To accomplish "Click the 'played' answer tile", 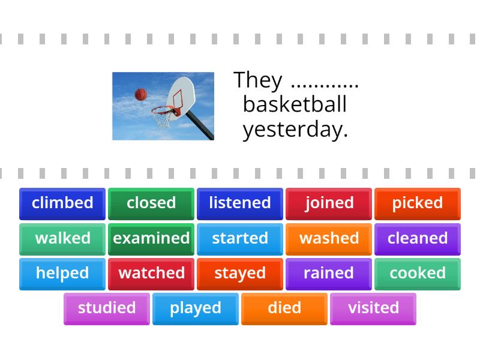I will pyautogui.click(x=196, y=308).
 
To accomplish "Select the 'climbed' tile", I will pyautogui.click(x=62, y=203).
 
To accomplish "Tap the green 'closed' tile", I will pyautogui.click(x=151, y=203).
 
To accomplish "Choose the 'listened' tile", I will pyautogui.click(x=240, y=203).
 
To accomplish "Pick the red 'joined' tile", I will pyautogui.click(x=329, y=203).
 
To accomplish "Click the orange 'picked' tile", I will pyautogui.click(x=418, y=203).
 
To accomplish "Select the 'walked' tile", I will pyautogui.click(x=62, y=239).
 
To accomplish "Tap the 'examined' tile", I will pyautogui.click(x=151, y=239).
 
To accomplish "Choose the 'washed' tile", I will pyautogui.click(x=329, y=239).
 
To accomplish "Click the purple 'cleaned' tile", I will pyautogui.click(x=418, y=239).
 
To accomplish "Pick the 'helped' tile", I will pyautogui.click(x=62, y=274).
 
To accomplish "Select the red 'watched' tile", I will pyautogui.click(x=151, y=274).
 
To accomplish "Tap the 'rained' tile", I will pyautogui.click(x=329, y=274).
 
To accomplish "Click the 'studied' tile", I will pyautogui.click(x=107, y=308).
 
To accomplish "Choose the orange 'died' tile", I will pyautogui.click(x=284, y=308).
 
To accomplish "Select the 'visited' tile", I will pyautogui.click(x=373, y=308).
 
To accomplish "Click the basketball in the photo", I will pyautogui.click(x=141, y=94).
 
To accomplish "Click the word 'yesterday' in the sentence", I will pyautogui.click(x=295, y=130).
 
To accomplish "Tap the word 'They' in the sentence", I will pyautogui.click(x=258, y=80).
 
